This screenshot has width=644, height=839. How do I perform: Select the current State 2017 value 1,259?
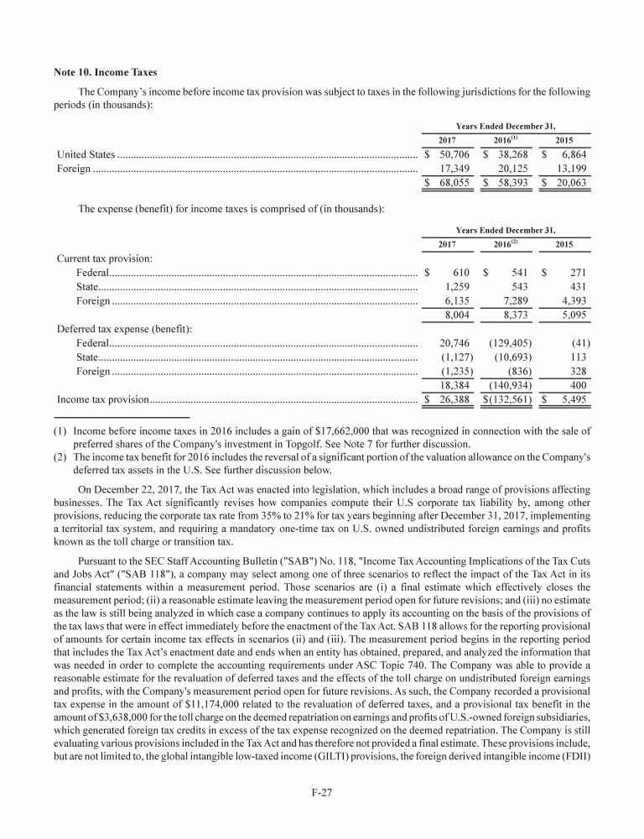tap(455, 287)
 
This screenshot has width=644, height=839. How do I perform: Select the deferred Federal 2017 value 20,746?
tap(454, 342)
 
